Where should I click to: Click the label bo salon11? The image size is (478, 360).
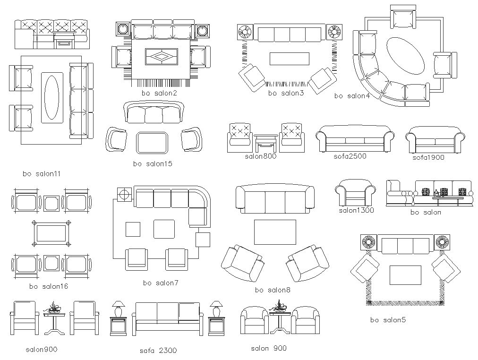(x=42, y=174)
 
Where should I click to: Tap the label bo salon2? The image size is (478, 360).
(x=159, y=93)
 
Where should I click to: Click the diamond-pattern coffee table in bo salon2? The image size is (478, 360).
(x=161, y=57)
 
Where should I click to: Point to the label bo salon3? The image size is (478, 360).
(x=286, y=93)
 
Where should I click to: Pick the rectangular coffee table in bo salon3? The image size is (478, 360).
(x=289, y=59)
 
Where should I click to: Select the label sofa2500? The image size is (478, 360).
(x=350, y=156)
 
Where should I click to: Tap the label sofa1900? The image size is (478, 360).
(x=428, y=158)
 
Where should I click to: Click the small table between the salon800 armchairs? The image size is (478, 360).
(x=266, y=142)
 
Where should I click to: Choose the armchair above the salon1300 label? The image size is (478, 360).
(x=356, y=193)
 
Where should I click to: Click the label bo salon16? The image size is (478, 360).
(x=49, y=286)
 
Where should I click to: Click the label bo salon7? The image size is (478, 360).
(x=161, y=283)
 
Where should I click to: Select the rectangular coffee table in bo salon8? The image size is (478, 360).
(x=275, y=232)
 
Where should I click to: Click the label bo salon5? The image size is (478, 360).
(x=388, y=320)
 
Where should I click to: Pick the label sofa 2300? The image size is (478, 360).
(x=158, y=351)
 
